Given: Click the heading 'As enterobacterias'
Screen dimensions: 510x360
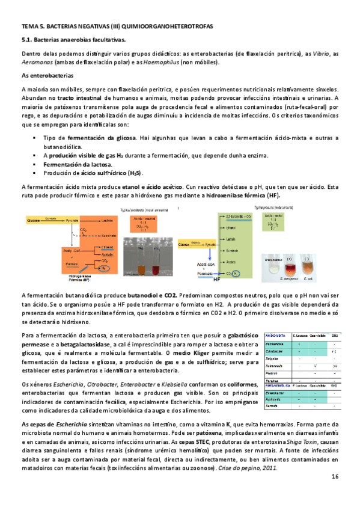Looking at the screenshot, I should (47, 76).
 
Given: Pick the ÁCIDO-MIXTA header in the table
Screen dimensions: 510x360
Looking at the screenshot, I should (276, 334).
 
